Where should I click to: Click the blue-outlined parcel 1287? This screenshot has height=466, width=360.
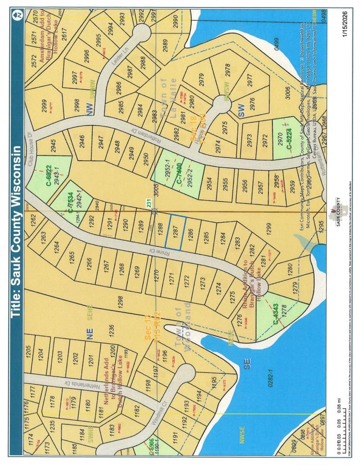(175, 232)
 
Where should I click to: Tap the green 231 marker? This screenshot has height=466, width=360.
(148, 203)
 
